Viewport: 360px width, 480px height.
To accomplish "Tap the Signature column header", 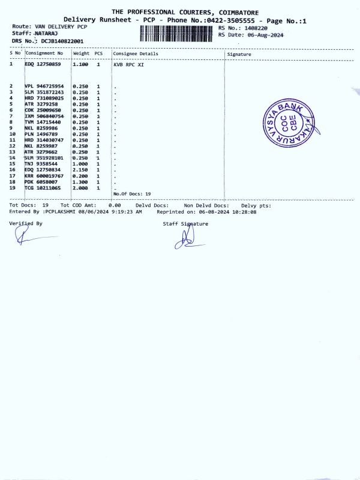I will [x=239, y=54].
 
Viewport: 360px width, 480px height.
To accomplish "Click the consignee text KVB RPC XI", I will [x=128, y=64].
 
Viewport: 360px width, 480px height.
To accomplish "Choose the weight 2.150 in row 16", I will [x=80, y=170].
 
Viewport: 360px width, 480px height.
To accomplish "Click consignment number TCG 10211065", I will [x=43, y=188].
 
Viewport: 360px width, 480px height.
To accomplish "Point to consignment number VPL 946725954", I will [x=44, y=86].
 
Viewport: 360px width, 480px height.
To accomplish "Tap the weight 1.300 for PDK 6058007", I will [x=80, y=182].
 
